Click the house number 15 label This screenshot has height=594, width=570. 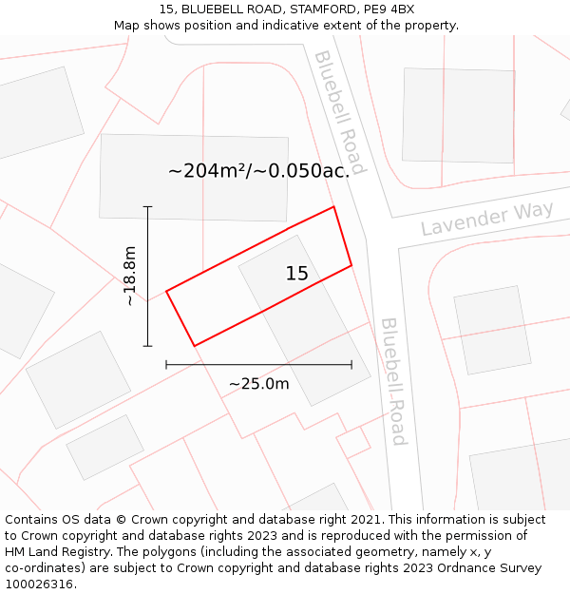tap(296, 274)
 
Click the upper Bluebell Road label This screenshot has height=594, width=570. tap(339, 112)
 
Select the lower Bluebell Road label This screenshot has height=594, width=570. tap(393, 381)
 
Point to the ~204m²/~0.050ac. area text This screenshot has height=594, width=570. tap(258, 171)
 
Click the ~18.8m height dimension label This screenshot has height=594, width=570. tap(129, 276)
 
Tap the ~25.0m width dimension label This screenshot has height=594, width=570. tap(258, 384)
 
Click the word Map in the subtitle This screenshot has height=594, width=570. tap(127, 25)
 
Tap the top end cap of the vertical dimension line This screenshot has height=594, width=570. tap(147, 206)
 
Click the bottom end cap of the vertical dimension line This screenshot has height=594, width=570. tap(147, 346)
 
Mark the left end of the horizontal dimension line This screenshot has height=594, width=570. tap(166, 364)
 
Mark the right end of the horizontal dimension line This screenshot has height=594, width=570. tap(351, 364)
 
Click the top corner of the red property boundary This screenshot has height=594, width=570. tap(333, 206)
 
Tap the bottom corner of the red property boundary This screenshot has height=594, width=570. tap(194, 346)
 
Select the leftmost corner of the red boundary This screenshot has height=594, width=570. tap(166, 291)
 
